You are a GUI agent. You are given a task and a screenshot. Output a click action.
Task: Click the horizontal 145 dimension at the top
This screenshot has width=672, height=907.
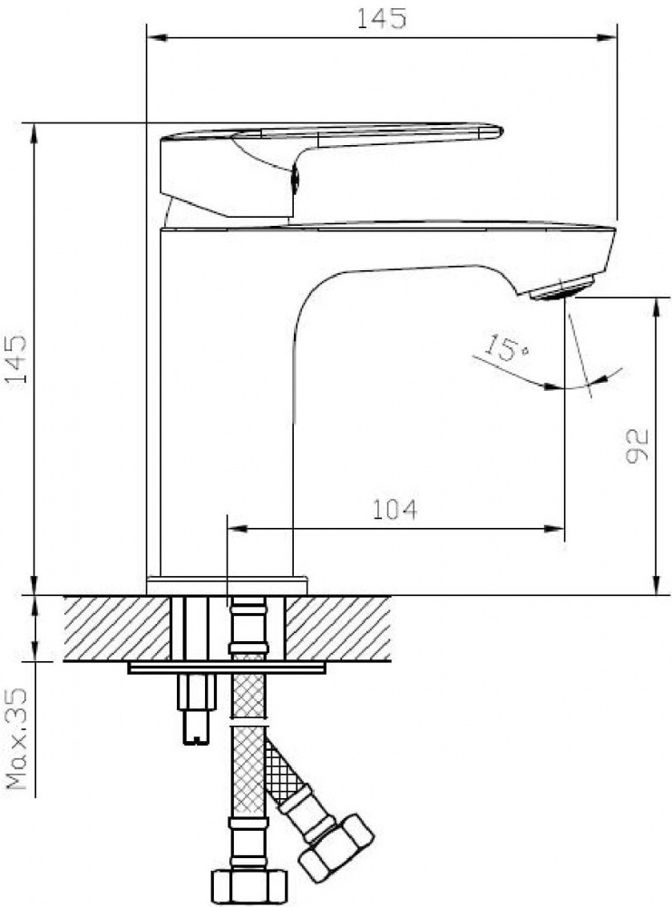pyautogui.click(x=381, y=18)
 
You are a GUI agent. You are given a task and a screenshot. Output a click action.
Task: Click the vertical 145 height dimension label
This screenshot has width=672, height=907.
pyautogui.click(x=15, y=358)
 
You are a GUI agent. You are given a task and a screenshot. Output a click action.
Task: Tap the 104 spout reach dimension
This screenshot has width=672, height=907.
pyautogui.click(x=394, y=510)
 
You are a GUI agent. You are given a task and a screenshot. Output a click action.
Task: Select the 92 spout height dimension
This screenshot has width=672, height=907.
pyautogui.click(x=636, y=446)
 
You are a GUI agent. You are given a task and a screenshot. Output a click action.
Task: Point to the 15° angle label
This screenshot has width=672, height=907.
pyautogui.click(x=505, y=348)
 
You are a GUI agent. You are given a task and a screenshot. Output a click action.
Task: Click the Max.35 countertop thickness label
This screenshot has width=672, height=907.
pyautogui.click(x=17, y=738)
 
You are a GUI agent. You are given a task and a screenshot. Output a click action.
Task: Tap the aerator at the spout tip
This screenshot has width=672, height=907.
pyautogui.click(x=562, y=288)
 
